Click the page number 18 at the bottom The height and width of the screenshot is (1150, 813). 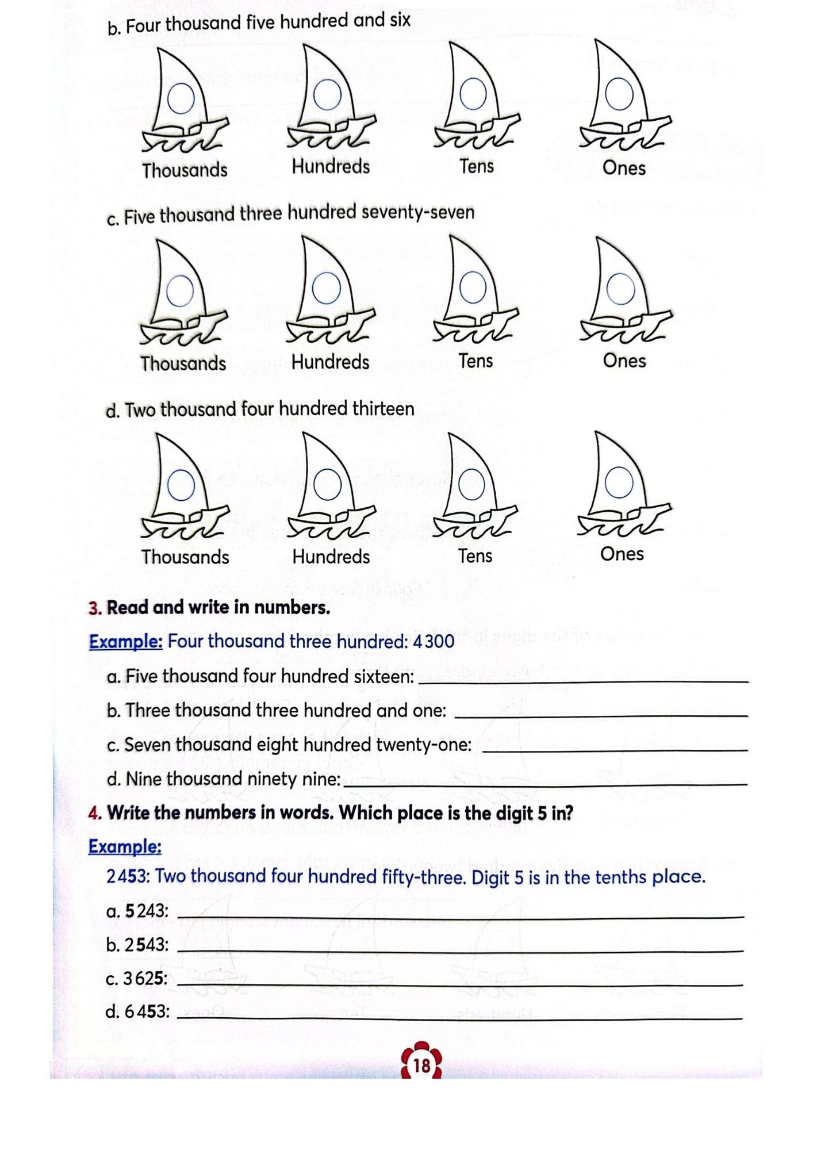coord(421,1065)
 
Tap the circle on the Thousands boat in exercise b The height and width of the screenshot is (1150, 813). coord(181,99)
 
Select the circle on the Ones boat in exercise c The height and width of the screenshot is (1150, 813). coord(620,289)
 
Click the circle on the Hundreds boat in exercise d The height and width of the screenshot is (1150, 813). coord(328,484)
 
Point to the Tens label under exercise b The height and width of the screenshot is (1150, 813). coord(477,166)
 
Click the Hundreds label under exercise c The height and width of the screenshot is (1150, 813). coord(330,362)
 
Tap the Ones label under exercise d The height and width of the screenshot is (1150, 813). coord(622,554)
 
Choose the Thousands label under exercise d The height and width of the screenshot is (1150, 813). coord(185,557)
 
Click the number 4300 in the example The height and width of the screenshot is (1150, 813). coord(434,641)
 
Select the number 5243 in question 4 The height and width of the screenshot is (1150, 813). coord(146,911)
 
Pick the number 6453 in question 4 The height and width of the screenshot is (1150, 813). coord(146,1011)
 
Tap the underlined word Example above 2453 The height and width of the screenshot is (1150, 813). coord(125,846)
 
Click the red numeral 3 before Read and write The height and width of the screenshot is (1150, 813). coord(95,608)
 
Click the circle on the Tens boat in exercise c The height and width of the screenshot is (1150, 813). coord(473,287)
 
